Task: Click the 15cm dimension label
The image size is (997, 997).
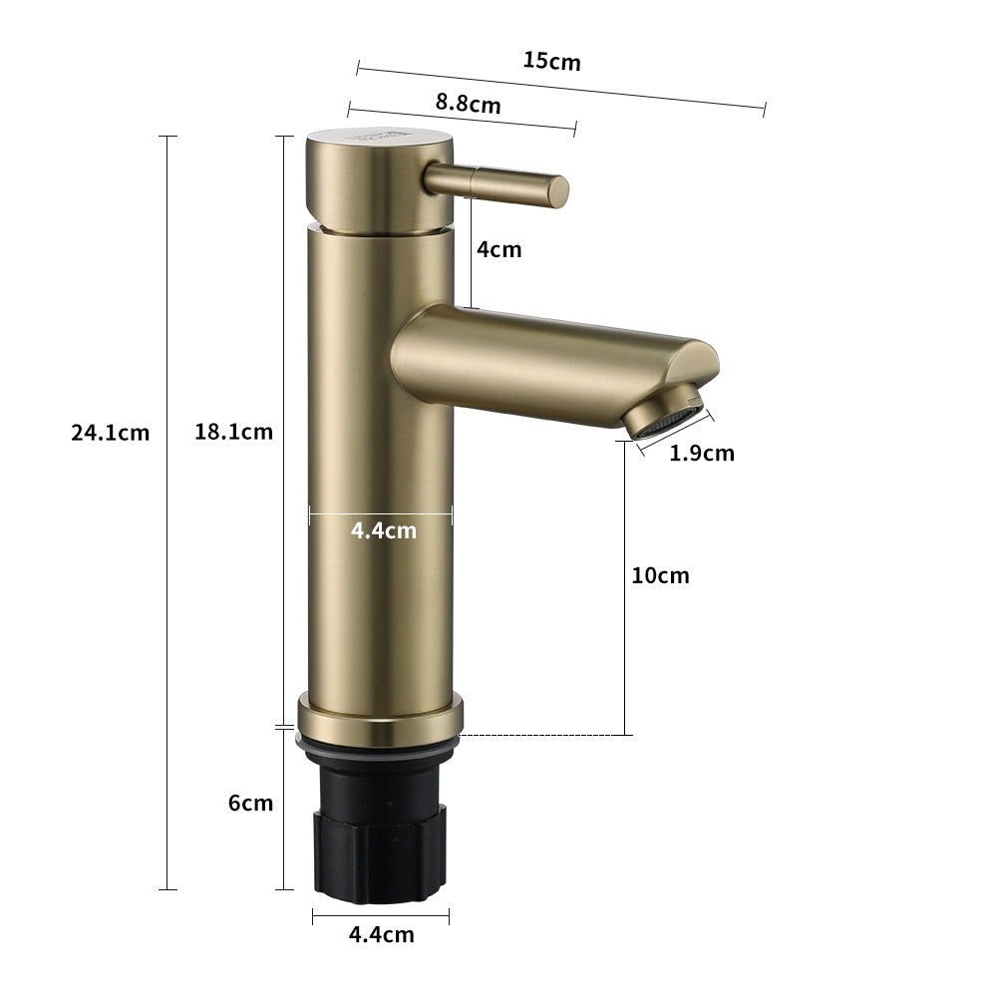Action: point(551,61)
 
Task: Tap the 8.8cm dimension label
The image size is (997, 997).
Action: point(468,103)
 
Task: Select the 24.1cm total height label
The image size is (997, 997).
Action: point(111,433)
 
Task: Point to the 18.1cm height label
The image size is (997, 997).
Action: point(233,432)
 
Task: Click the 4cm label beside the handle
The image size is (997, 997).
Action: point(498,249)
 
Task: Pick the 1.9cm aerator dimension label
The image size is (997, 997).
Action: point(701,454)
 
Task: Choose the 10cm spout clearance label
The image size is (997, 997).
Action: point(660,575)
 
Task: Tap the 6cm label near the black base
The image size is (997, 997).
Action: point(250,803)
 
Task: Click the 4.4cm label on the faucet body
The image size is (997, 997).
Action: point(384,531)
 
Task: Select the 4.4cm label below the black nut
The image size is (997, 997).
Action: point(381,934)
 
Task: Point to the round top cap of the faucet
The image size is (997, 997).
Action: point(379,179)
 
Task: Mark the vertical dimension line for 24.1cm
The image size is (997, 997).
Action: point(167,598)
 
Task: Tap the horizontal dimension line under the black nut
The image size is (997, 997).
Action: point(381,916)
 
